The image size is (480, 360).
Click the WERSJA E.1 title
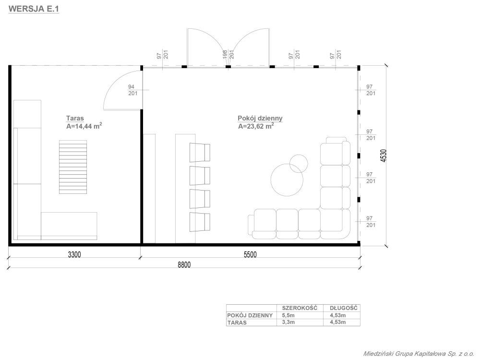tap(34, 9)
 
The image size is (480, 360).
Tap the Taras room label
tap(75, 118)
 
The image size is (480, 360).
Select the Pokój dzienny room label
tap(260, 118)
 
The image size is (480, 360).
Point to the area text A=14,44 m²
tap(84, 126)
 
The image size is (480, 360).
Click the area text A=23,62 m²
tap(256, 126)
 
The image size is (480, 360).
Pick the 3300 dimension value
tap(74, 254)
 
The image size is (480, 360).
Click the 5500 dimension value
tap(250, 254)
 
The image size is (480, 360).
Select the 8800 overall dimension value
tap(184, 265)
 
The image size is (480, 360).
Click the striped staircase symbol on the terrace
tap(73, 167)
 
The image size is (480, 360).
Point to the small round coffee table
tap(299, 164)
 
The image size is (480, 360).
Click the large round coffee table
tap(287, 180)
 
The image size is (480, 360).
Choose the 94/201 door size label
tap(133, 90)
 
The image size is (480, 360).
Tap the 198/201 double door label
tap(228, 55)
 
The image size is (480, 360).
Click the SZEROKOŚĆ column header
tap(300, 308)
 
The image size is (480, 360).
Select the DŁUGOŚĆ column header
tap(344, 308)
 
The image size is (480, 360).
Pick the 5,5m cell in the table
tap(288, 315)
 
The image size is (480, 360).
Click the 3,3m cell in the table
tap(288, 323)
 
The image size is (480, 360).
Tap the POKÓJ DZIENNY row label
tap(250, 315)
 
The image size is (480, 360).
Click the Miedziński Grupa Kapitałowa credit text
tap(419, 354)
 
